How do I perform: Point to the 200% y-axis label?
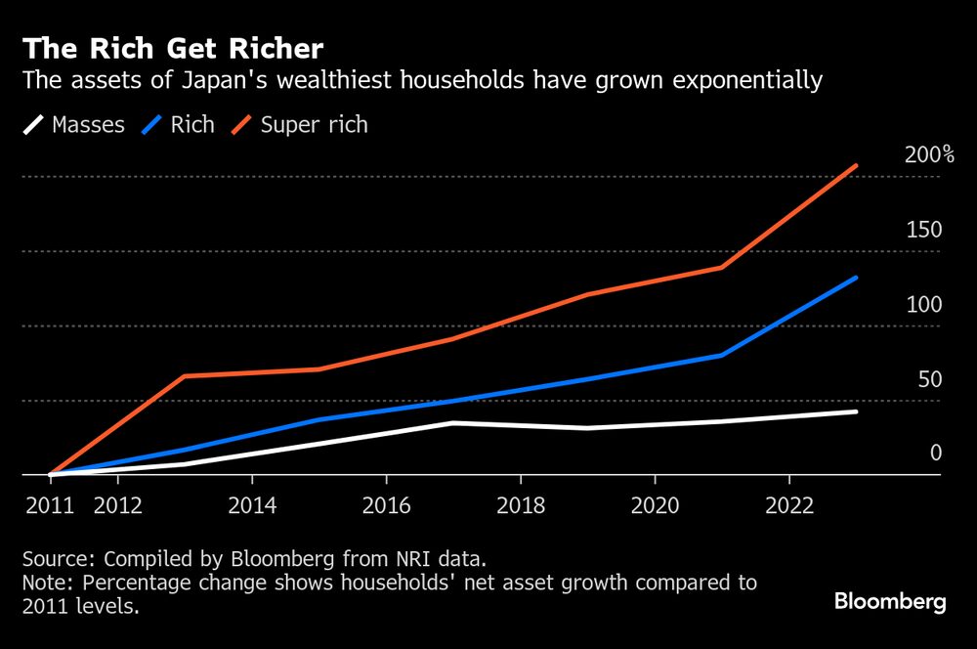pos(929,155)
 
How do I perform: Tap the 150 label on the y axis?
pos(923,231)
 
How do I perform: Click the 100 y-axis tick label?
pos(923,305)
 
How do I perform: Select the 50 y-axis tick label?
pos(929,379)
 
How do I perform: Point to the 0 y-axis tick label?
pos(935,454)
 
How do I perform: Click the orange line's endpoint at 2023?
pos(856,166)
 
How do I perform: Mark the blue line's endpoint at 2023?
pos(856,278)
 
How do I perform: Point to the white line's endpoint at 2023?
pos(856,411)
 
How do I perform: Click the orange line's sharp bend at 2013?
pos(185,376)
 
